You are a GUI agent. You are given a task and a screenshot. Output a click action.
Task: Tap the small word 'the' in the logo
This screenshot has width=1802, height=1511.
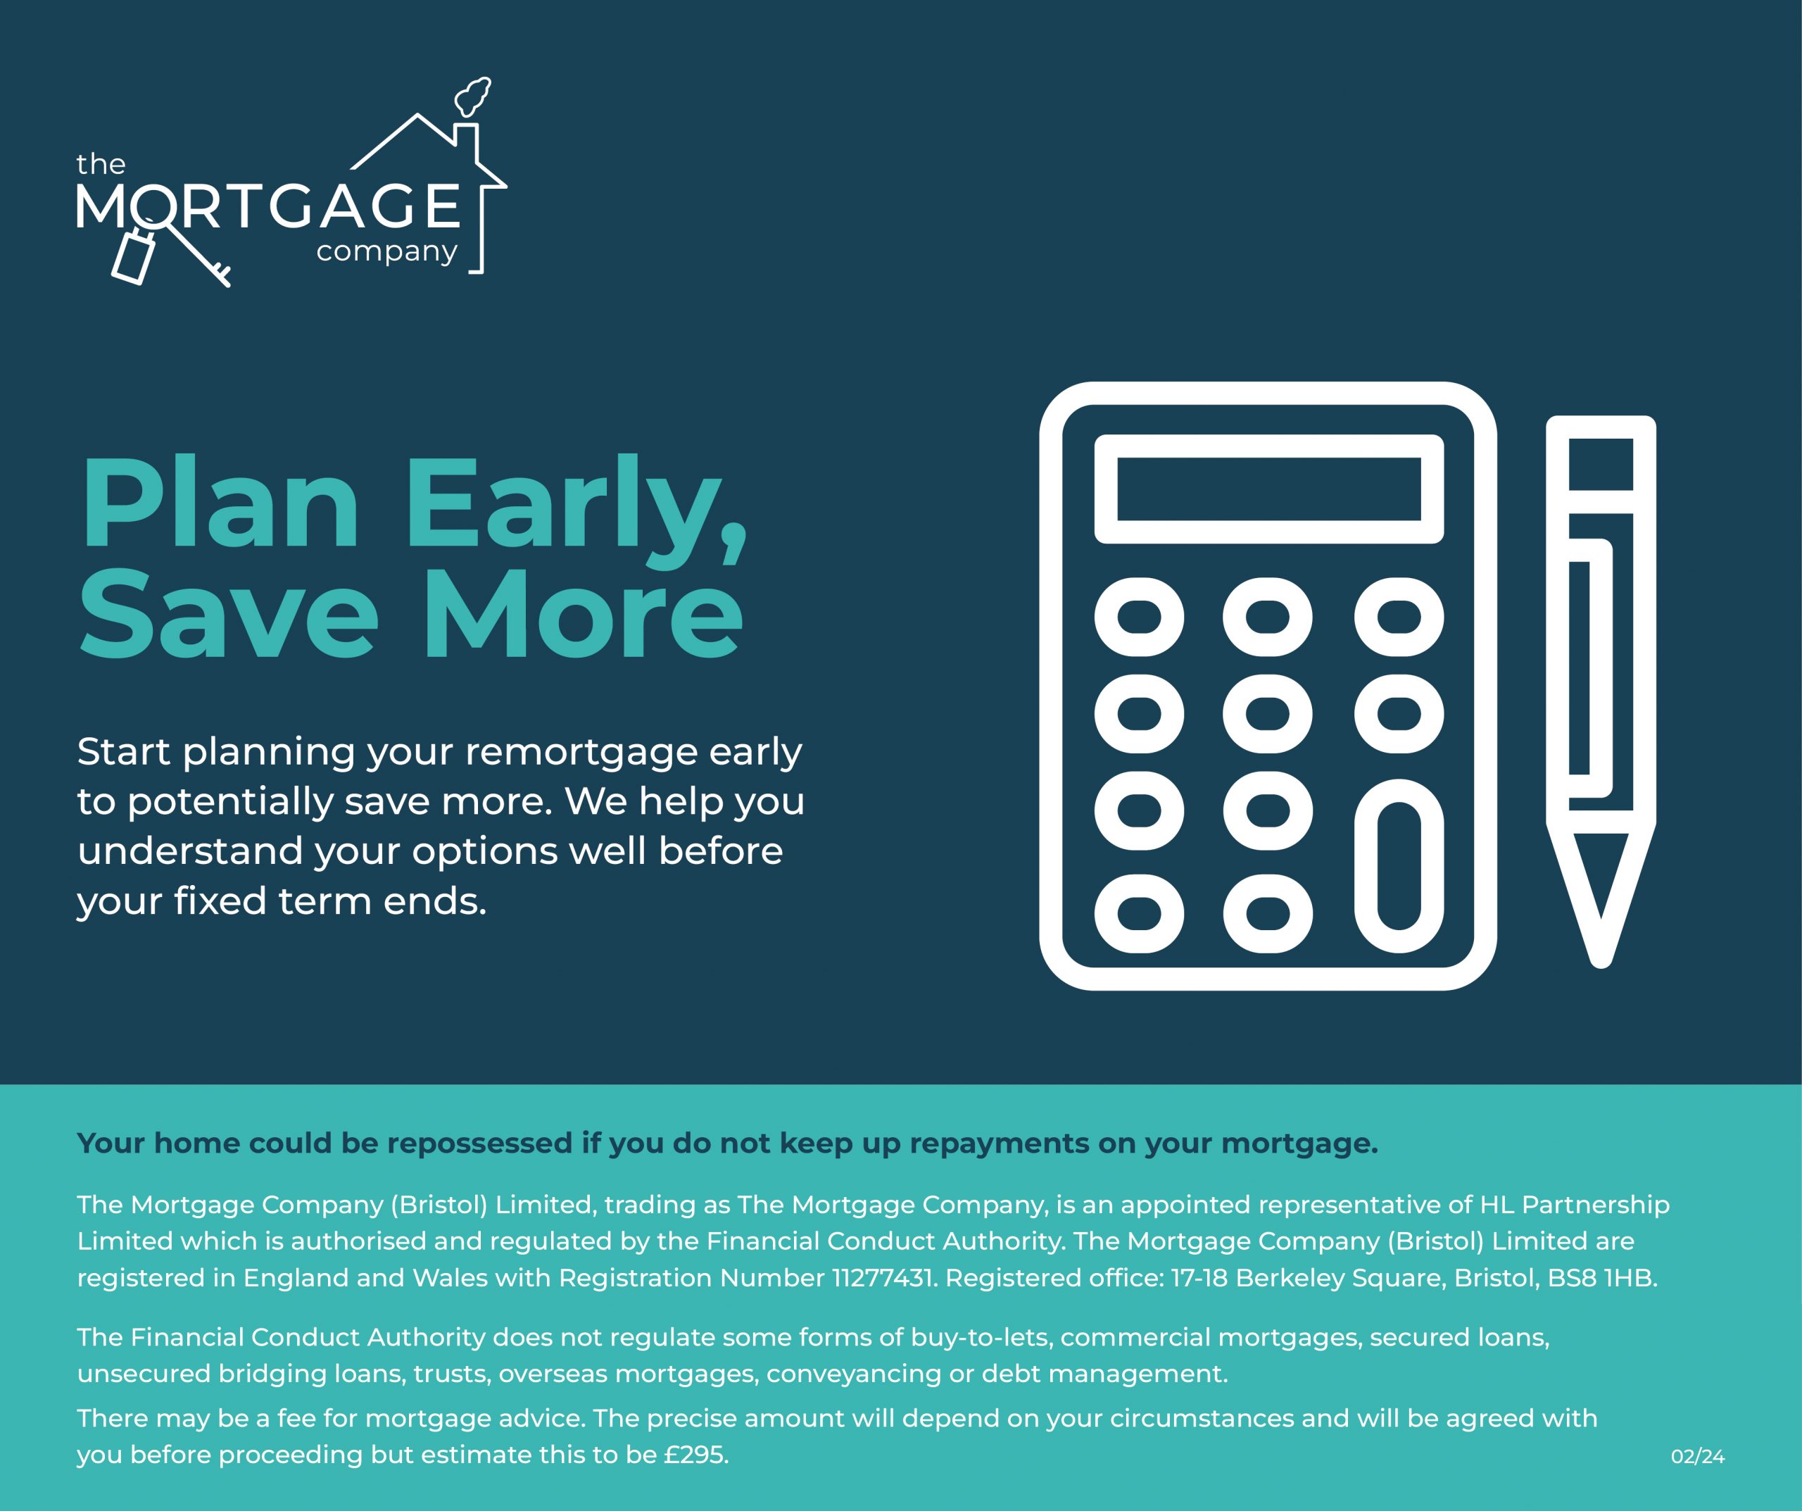pyautogui.click(x=101, y=164)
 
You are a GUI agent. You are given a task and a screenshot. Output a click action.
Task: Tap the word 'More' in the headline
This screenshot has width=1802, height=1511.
pyautogui.click(x=583, y=614)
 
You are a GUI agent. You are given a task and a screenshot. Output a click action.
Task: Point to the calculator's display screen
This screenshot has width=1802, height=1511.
pyautogui.click(x=1269, y=489)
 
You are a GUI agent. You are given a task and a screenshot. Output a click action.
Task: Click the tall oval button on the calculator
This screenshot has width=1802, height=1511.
pyautogui.click(x=1399, y=866)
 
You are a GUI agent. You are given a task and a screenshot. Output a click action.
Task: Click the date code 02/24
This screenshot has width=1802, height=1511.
pyautogui.click(x=1697, y=1456)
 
